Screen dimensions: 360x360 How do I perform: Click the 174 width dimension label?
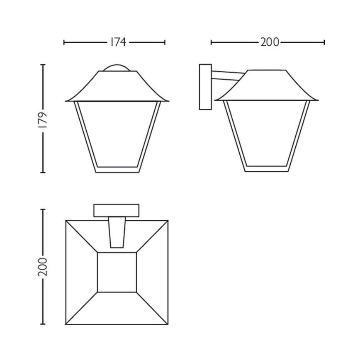pos(118,42)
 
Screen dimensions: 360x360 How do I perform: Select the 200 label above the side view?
pos(270,42)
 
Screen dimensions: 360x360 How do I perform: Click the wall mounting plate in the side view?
pos(205,87)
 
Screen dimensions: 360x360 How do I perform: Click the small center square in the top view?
pos(117,272)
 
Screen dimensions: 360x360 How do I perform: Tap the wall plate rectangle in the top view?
pos(117,210)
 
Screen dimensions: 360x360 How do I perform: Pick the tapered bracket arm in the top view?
pos(117,232)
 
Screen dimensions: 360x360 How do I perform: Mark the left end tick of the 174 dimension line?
pos(64,42)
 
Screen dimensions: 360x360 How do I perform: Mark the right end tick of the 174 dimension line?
pos(165,42)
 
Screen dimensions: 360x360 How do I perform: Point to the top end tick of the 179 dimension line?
pos(43,65)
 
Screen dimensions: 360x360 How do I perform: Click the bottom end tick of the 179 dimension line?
pos(43,172)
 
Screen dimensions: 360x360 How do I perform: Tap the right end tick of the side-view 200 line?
pos(324,42)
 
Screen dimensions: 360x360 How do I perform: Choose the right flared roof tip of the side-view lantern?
pos(316,100)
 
